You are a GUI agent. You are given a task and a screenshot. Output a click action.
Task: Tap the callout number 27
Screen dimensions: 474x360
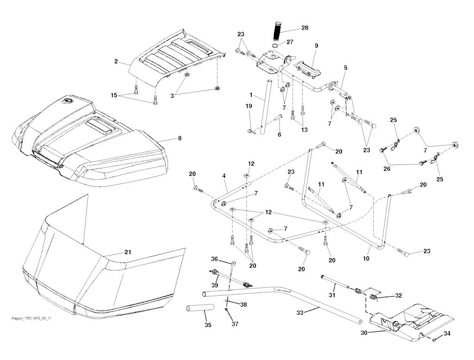290,42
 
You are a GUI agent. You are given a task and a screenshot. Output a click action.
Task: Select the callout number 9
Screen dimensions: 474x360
316,46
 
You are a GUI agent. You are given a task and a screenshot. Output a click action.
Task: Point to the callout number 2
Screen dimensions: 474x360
116,62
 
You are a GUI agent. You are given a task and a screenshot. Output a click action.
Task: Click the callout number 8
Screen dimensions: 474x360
180,138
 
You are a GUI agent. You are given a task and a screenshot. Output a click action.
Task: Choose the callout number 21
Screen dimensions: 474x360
128,252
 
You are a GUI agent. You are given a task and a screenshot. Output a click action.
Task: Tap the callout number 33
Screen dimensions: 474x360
299,312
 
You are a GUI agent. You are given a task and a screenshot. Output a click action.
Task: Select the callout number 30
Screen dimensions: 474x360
364,333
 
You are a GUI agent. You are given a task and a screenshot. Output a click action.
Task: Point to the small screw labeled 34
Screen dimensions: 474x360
434,340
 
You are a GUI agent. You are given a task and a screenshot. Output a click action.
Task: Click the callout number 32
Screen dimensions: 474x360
399,295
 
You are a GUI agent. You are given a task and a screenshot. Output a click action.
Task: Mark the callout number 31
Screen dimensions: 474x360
332,295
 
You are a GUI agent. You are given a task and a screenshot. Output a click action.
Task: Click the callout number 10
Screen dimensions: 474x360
366,259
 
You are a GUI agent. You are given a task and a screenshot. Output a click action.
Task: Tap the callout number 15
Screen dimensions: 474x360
114,95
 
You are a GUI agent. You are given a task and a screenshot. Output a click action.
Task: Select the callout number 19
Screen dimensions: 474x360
249,106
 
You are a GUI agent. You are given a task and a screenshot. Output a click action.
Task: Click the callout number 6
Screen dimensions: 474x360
279,134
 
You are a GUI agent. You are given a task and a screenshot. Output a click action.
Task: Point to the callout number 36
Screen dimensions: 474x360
214,259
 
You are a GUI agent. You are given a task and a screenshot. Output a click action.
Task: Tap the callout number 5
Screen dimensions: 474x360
345,68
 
